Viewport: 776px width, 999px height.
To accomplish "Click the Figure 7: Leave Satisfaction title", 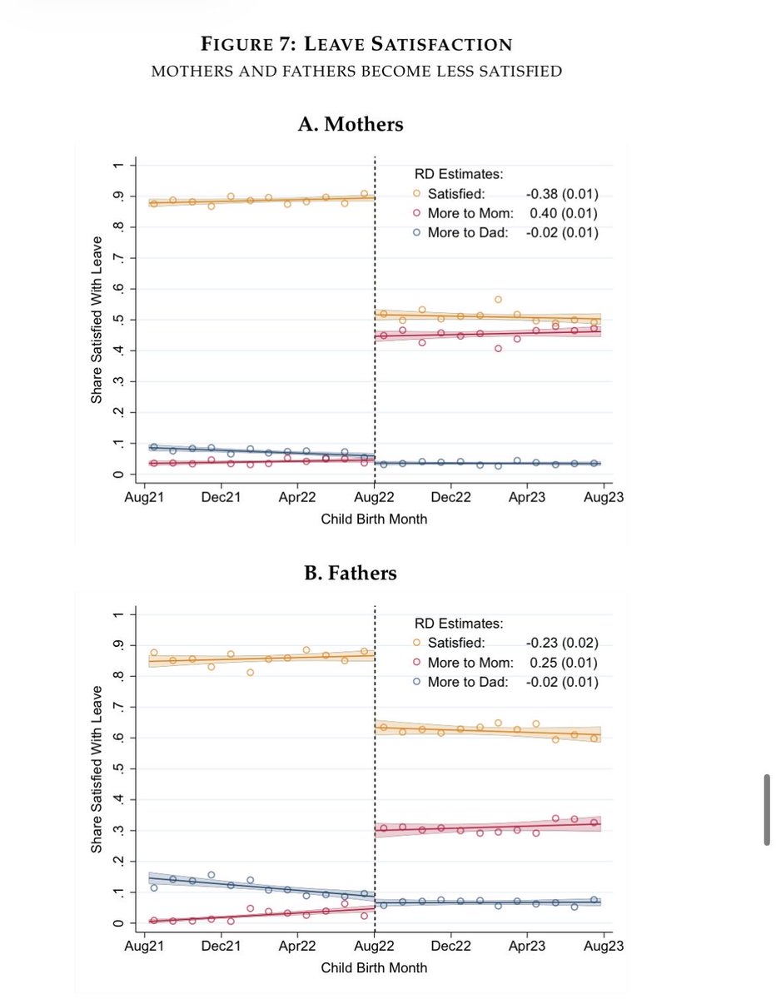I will coord(356,43).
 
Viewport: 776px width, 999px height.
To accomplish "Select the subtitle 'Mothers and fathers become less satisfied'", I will coord(356,71).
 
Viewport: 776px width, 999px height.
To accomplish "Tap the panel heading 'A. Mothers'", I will coord(351,124).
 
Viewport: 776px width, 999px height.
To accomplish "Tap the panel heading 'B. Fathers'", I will coord(350,573).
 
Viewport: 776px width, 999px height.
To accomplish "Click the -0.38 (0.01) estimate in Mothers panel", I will coord(563,194).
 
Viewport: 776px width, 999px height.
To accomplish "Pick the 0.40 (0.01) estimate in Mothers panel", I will coord(565,213).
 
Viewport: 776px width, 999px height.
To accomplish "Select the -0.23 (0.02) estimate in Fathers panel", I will coord(563,643).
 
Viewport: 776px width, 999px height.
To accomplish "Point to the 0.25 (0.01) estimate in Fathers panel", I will coord(565,663).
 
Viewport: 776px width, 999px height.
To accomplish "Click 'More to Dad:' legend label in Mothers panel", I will coord(467,232).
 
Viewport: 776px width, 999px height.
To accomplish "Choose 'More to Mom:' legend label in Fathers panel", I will coord(468,663).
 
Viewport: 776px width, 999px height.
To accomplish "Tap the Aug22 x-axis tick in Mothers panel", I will coord(375,498).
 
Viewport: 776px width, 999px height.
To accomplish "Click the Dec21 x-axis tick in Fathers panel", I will coord(222,947).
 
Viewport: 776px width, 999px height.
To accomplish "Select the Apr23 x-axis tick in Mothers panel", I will coord(527,498).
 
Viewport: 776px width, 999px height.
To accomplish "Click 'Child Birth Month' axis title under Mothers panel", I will coord(374,519).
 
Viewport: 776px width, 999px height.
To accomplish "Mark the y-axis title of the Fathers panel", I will coord(97,768).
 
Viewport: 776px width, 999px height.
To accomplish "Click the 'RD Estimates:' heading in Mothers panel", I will coord(459,175).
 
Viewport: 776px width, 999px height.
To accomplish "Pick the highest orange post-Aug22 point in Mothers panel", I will coord(498,300).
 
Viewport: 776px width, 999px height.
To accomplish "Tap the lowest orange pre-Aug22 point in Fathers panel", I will coord(250,672).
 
